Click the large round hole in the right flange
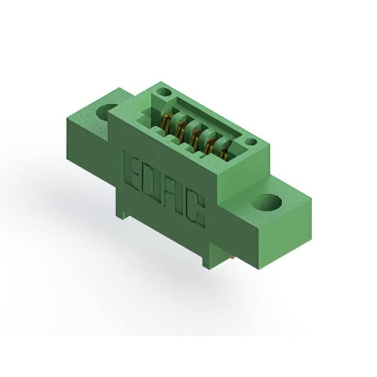click(267, 203)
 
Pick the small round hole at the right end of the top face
click(251, 142)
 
